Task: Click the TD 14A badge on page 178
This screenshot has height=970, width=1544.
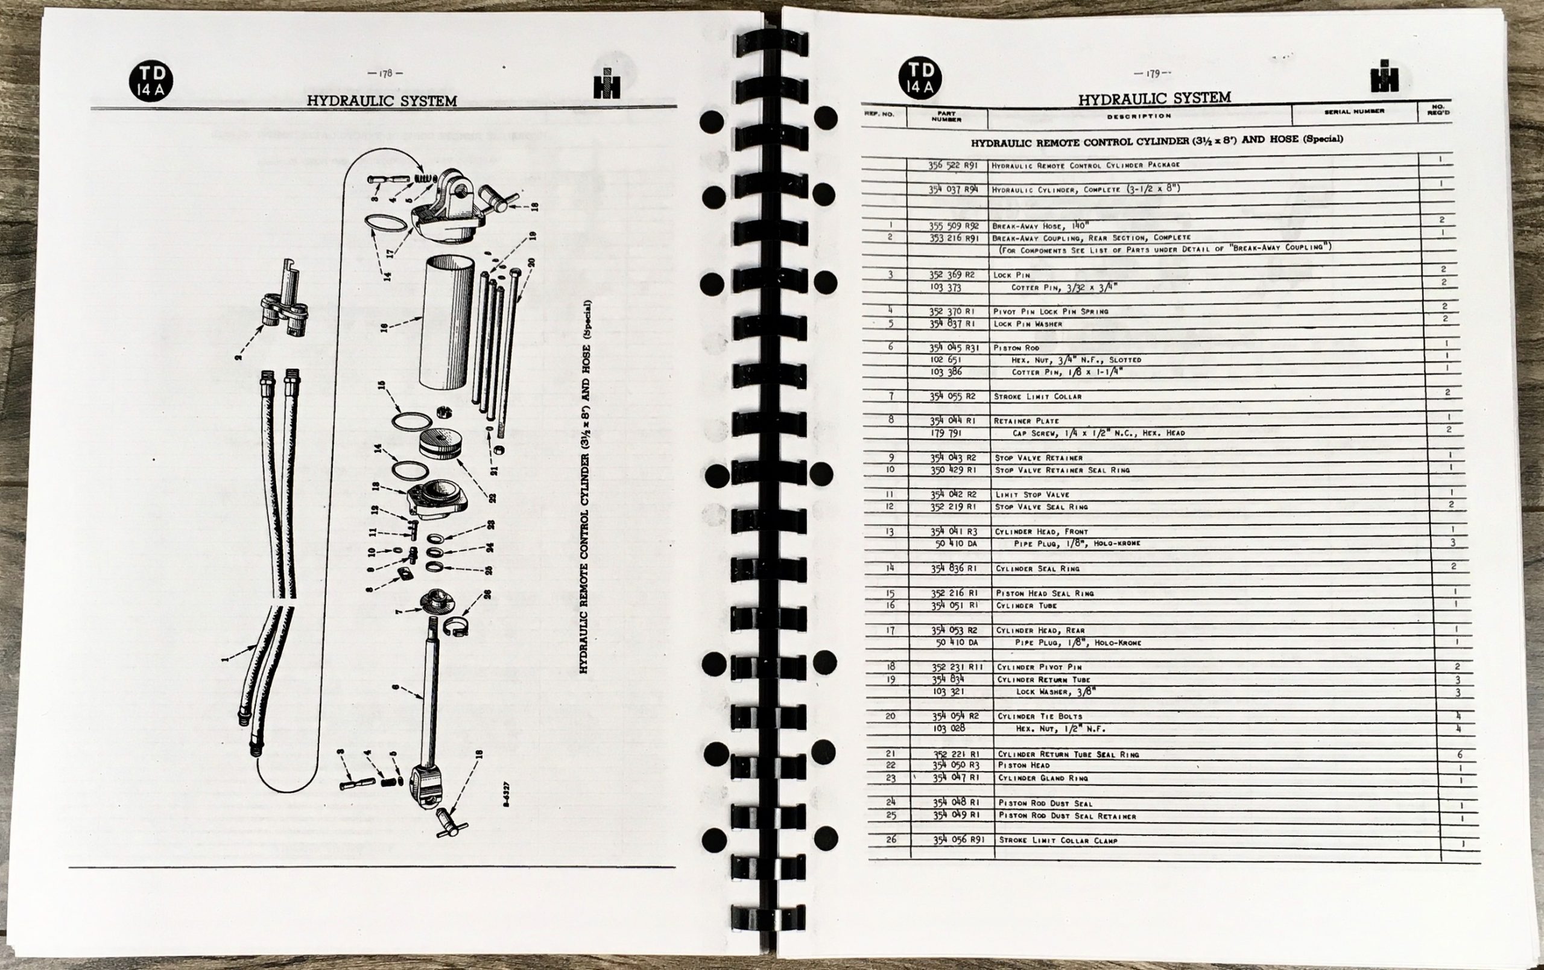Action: [x=151, y=81]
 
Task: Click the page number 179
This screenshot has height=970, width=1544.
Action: [x=1151, y=74]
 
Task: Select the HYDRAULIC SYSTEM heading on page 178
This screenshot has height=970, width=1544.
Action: [x=382, y=101]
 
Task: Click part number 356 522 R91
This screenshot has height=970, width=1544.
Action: [x=952, y=165]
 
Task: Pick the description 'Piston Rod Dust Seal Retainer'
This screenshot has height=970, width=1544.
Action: [x=1067, y=816]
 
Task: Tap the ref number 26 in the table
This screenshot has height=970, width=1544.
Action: [x=891, y=839]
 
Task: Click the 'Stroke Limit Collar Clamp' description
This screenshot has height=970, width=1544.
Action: [x=1058, y=840]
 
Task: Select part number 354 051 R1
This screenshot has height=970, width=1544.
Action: [x=954, y=605]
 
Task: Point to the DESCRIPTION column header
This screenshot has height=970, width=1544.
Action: [x=1139, y=116]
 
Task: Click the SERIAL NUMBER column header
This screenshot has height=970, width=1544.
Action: [x=1353, y=112]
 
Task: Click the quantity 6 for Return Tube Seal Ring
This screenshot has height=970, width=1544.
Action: [x=1460, y=755]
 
